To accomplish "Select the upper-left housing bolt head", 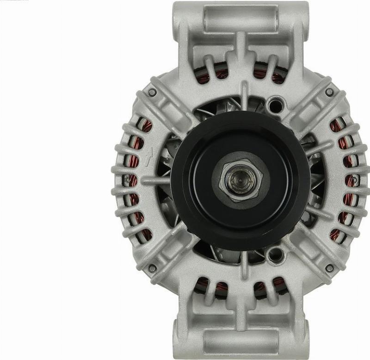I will (x=152, y=92).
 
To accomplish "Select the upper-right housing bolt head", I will (x=329, y=92).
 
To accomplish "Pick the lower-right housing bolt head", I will (x=329, y=268).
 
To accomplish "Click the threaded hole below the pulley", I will (x=275, y=254).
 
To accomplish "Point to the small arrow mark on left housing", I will (x=148, y=157).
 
